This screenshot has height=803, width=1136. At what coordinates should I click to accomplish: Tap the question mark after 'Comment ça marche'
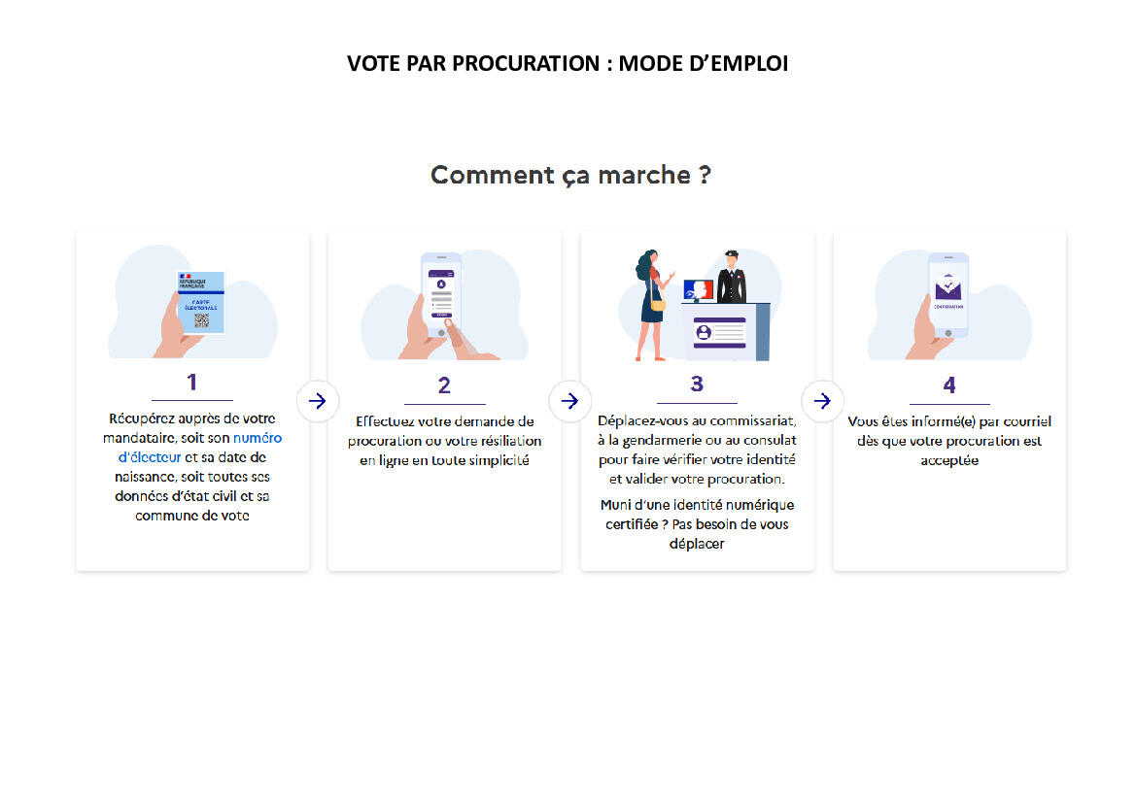pyautogui.click(x=705, y=175)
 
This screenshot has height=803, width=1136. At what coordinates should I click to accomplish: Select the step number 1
pyautogui.click(x=192, y=382)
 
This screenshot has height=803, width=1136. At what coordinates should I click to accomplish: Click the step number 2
pyautogui.click(x=444, y=385)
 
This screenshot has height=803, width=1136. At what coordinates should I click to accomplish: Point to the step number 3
pyautogui.click(x=697, y=384)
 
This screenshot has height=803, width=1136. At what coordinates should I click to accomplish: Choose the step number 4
pyautogui.click(x=949, y=385)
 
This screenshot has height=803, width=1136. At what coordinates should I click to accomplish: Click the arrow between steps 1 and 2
pyautogui.click(x=318, y=400)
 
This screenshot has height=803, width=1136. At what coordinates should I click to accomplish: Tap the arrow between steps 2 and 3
pyautogui.click(x=570, y=400)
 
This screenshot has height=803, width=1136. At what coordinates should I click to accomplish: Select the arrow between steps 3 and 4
pyautogui.click(x=822, y=400)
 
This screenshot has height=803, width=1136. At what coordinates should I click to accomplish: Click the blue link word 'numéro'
pyautogui.click(x=258, y=438)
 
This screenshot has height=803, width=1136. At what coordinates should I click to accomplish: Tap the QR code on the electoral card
pyautogui.click(x=201, y=320)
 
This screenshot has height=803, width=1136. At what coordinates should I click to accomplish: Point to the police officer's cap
pyautogui.click(x=732, y=254)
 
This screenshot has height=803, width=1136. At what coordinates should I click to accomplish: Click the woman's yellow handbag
pyautogui.click(x=658, y=304)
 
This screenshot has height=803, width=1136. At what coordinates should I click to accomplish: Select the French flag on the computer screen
pyautogui.click(x=699, y=290)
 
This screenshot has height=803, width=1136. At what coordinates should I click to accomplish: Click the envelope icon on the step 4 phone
pyautogui.click(x=948, y=287)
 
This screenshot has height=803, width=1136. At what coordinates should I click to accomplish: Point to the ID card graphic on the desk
pyautogui.click(x=719, y=333)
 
